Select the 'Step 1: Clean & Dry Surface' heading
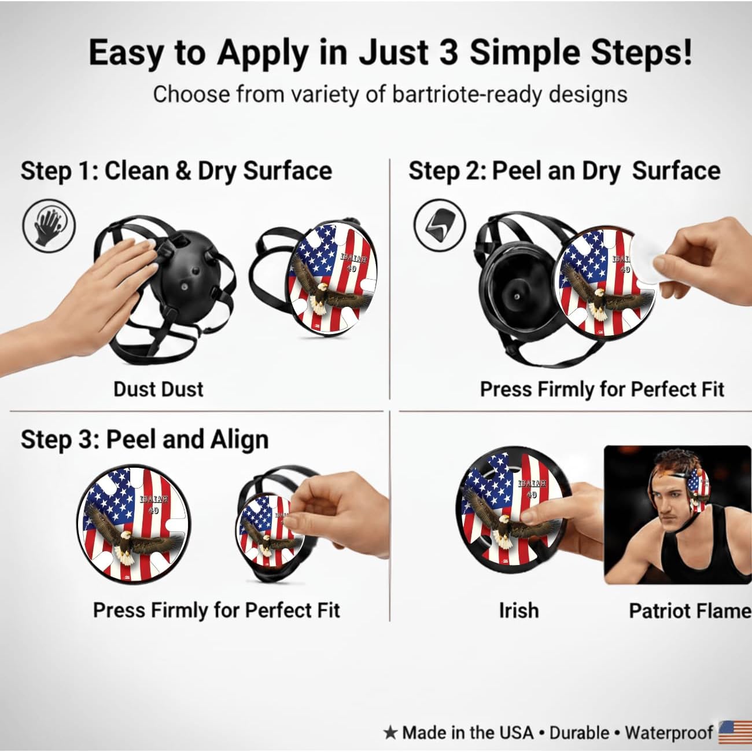176,171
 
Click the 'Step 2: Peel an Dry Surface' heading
564,171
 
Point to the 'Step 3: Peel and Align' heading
145,439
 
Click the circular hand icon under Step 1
49,224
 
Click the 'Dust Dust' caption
158,389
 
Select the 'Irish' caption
518,610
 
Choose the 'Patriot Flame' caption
690,611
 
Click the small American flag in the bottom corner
735,732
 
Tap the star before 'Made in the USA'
390,733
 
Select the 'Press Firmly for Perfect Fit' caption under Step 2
602,389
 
